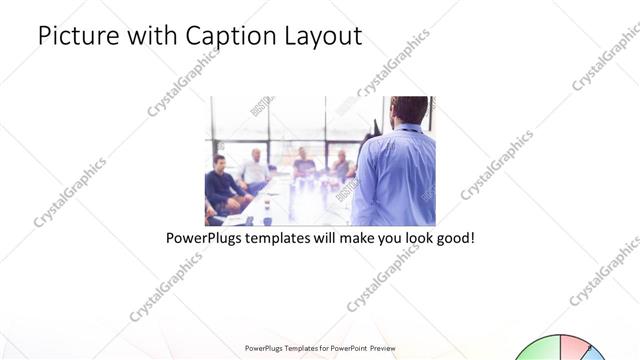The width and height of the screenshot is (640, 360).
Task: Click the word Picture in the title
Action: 76,36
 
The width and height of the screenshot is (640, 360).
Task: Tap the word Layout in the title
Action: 319,36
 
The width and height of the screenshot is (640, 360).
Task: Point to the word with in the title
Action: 151,36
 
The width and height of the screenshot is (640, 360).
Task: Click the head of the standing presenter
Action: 408,109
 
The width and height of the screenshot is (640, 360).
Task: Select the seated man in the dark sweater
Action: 220,185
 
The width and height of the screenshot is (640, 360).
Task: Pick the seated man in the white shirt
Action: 255,170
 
